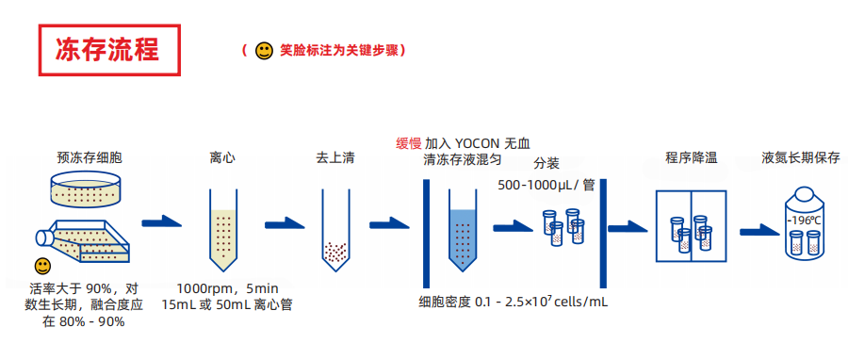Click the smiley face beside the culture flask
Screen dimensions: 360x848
[x=42, y=267]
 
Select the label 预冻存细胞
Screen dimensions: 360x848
[x=89, y=157]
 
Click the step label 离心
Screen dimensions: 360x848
[x=222, y=157]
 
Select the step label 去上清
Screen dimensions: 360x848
[x=334, y=157]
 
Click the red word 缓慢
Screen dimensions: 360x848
[x=409, y=143]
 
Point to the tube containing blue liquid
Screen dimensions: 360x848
[x=463, y=233]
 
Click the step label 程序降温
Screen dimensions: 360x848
[x=692, y=157]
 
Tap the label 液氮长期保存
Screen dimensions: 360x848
[x=801, y=157]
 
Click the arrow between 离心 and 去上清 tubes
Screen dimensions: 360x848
[x=284, y=223]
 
